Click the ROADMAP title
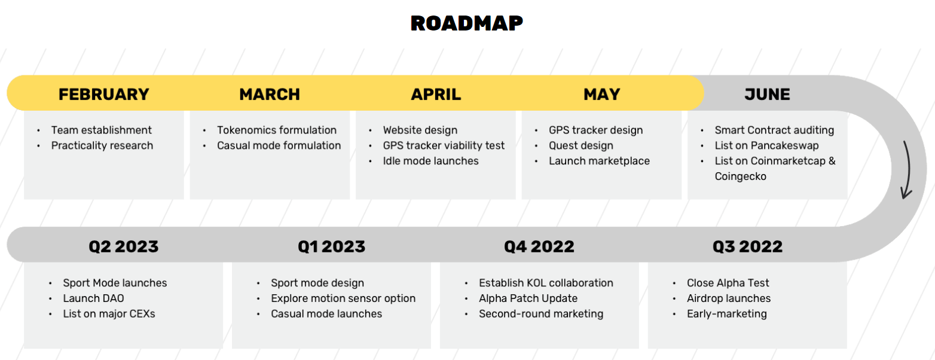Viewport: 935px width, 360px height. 467,23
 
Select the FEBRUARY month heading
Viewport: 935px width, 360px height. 103,94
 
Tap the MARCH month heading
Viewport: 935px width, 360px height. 270,94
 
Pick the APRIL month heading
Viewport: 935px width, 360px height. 436,94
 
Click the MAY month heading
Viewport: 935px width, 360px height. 601,94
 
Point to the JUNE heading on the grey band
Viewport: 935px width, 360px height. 767,94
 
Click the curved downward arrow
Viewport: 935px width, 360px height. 907,170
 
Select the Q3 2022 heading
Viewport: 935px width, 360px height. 747,246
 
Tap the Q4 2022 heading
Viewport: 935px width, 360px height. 539,246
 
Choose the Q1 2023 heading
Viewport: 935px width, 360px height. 331,246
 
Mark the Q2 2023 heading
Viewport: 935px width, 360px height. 124,246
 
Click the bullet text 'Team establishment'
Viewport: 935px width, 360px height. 102,130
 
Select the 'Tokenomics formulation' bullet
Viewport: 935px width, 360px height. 277,130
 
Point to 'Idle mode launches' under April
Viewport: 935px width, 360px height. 431,161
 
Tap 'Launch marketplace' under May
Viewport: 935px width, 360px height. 600,161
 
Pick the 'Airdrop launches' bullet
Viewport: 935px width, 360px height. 729,298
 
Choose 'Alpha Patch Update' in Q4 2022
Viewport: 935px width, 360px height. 528,298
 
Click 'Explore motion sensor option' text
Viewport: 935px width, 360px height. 343,298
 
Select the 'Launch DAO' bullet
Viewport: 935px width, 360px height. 93,298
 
